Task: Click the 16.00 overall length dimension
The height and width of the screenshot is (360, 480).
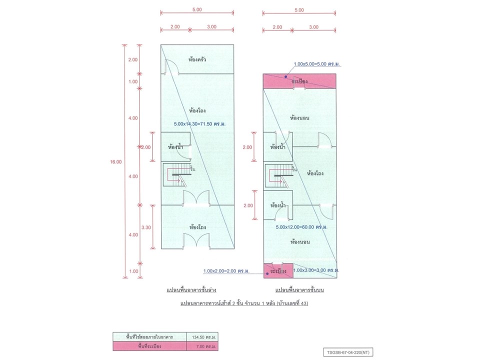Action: pos(116,161)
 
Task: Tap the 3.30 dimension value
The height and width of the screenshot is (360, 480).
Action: pos(146,227)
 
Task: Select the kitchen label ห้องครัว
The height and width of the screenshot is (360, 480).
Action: pos(197,59)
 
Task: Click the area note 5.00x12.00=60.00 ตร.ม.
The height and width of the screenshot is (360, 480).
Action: pos(301,227)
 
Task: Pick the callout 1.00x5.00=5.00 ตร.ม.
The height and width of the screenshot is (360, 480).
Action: pos(316,64)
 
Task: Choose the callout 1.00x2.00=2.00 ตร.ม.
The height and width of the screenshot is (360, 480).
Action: pos(226,271)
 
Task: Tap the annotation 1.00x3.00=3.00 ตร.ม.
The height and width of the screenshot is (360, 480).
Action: pos(316,270)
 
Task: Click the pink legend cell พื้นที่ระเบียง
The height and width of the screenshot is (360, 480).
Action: pos(149,346)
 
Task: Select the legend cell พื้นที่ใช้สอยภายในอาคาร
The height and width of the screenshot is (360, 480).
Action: pos(149,337)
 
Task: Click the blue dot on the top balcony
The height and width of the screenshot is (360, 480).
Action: pos(286,77)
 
